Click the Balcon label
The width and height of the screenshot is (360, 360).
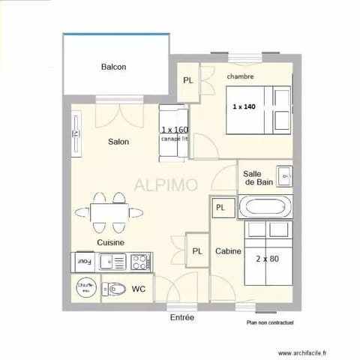(x=113, y=67)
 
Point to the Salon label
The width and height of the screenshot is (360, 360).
(x=118, y=142)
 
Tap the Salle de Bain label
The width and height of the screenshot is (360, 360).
(x=258, y=178)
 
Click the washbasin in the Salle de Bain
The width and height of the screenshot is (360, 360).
(x=284, y=176)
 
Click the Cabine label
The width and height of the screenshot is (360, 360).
(x=228, y=252)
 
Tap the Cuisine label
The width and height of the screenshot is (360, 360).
(x=110, y=243)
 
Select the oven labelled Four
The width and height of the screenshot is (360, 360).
(x=84, y=262)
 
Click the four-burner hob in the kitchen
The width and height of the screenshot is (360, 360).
(x=139, y=262)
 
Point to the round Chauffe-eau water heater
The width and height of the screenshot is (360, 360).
(x=85, y=288)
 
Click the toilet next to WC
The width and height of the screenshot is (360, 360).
(x=115, y=289)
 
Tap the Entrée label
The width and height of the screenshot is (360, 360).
(x=182, y=318)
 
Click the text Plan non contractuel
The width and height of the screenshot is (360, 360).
(x=270, y=323)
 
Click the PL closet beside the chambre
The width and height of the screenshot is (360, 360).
(x=187, y=80)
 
